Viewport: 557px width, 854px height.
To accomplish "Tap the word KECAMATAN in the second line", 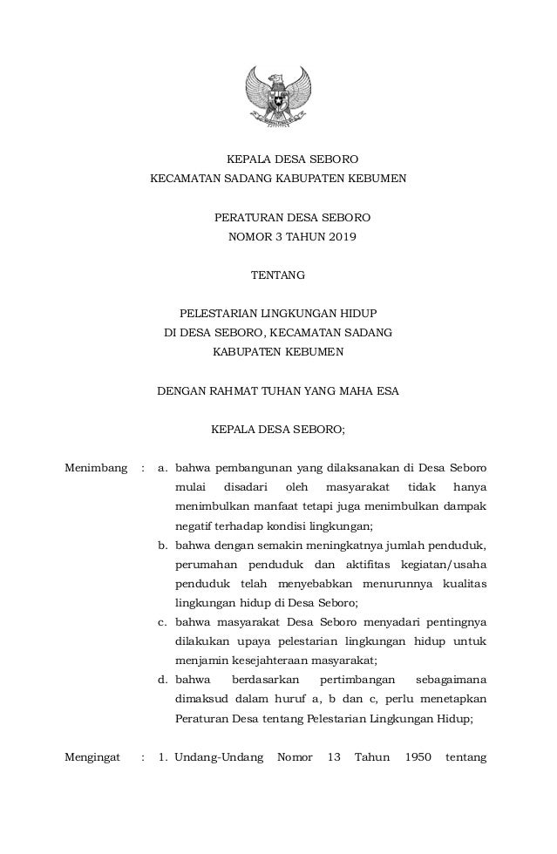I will (x=187, y=179).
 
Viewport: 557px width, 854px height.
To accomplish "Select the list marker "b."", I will (x=163, y=546).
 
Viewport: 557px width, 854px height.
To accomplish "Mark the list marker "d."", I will (x=163, y=680).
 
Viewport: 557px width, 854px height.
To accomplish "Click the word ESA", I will (x=386, y=391).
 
